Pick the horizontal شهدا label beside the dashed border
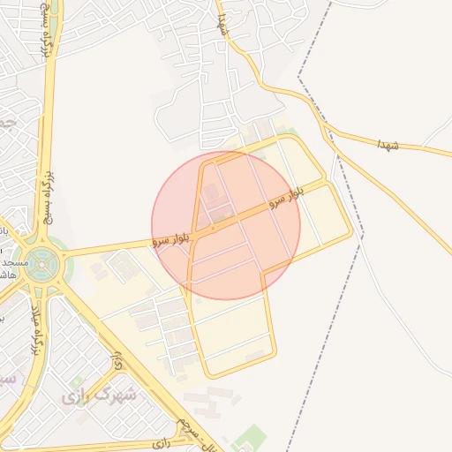(387, 144)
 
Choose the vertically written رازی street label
(117, 360)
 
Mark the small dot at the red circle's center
(213, 228)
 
